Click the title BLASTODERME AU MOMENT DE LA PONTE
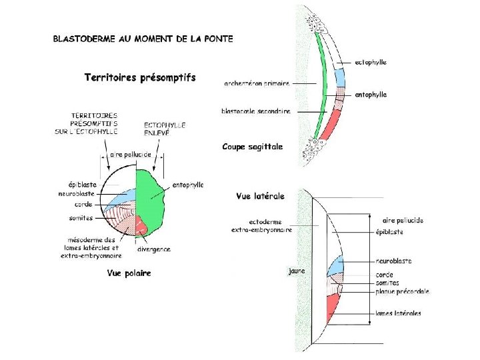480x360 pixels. pyautogui.click(x=143, y=39)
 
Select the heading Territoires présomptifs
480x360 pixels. pyautogui.click(x=140, y=78)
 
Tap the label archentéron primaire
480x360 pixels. pyautogui.click(x=257, y=83)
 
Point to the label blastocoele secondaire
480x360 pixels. pyautogui.click(x=256, y=111)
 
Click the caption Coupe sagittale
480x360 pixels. pyautogui.click(x=252, y=147)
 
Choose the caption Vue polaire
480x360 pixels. pyautogui.click(x=129, y=273)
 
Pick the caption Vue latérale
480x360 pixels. pyautogui.click(x=260, y=196)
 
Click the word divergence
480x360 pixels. pyautogui.click(x=154, y=249)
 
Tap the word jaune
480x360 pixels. pyautogui.click(x=297, y=271)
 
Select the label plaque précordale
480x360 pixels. pyautogui.click(x=403, y=291)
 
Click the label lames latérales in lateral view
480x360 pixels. pyautogui.click(x=399, y=313)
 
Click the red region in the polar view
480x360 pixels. pyautogui.click(x=143, y=225)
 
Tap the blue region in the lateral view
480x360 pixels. pyautogui.click(x=335, y=265)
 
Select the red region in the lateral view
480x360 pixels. pyautogui.click(x=333, y=309)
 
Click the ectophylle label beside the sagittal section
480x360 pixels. pyautogui.click(x=371, y=63)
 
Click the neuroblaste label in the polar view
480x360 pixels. pyautogui.click(x=75, y=194)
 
